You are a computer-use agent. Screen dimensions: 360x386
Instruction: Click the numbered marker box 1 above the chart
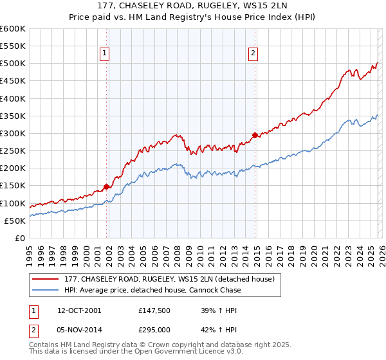click(104, 53)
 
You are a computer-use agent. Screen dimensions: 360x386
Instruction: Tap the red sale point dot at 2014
click(255, 135)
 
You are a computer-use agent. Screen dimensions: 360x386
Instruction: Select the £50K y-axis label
click(15, 221)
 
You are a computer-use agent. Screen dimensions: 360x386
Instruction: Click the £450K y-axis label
click(13, 81)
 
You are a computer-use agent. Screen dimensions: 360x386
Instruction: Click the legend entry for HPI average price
click(152, 290)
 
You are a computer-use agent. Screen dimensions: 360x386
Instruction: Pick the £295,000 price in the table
click(154, 329)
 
